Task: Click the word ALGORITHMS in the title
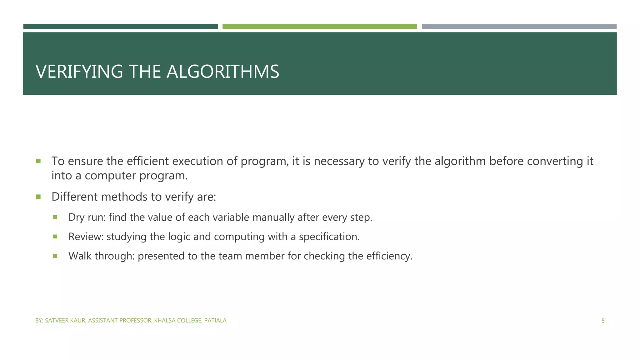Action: coord(223,72)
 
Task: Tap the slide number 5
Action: coord(603,321)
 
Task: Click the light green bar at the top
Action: coord(319,27)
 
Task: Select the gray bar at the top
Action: coord(519,27)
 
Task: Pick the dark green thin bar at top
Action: coord(120,27)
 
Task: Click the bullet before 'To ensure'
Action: coord(38,161)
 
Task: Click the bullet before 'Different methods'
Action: coord(38,197)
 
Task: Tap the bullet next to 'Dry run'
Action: coord(55,217)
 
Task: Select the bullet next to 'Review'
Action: coord(55,237)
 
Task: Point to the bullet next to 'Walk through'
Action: coord(55,256)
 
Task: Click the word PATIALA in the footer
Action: coord(215,321)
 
